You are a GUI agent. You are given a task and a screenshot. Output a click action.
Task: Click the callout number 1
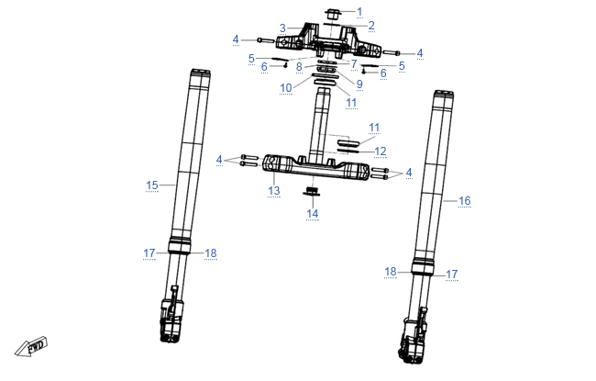click(x=359, y=12)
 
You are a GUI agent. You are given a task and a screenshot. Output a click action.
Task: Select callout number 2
click(x=371, y=26)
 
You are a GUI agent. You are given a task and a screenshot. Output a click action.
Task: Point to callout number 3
click(x=282, y=28)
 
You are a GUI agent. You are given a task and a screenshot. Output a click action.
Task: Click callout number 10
click(x=286, y=88)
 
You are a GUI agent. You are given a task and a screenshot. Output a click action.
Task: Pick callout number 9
click(x=359, y=84)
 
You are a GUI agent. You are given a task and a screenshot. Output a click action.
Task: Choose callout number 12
click(x=381, y=151)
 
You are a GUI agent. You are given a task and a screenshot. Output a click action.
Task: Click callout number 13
click(x=274, y=190)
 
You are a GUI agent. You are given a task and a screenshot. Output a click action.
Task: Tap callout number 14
click(x=313, y=214)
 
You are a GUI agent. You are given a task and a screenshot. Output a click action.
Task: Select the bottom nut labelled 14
click(x=312, y=192)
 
